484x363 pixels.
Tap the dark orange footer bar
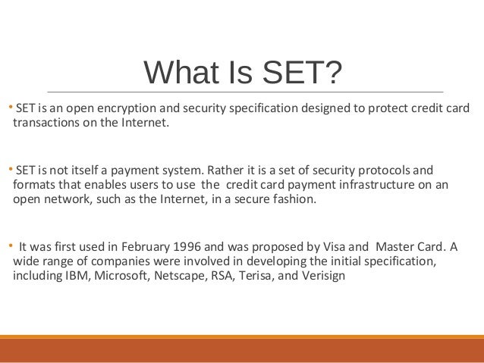[242, 350]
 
